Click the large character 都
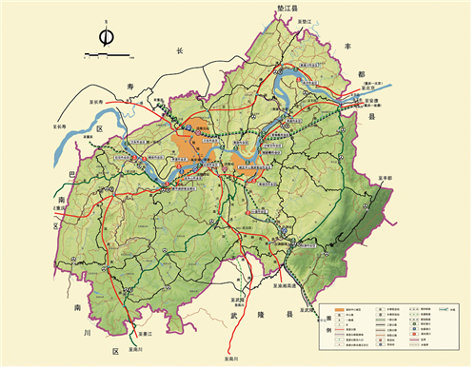tap(359, 78)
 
